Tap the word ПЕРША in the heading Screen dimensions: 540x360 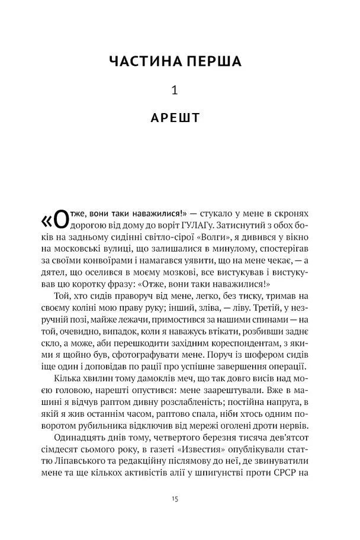click(219, 61)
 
